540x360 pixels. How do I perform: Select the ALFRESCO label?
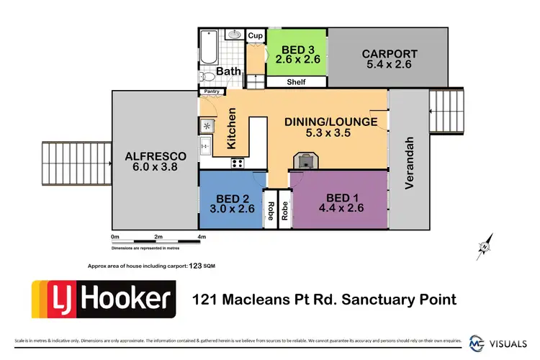[155, 156]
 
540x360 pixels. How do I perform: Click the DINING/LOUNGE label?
[331, 122]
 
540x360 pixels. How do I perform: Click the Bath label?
[229, 72]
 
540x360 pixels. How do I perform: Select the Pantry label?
[212, 92]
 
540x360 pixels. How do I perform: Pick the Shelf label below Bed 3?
[297, 83]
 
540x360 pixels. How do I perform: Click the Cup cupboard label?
[255, 35]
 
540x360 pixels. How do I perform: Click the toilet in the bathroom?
[204, 76]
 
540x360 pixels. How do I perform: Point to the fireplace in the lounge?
[305, 161]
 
